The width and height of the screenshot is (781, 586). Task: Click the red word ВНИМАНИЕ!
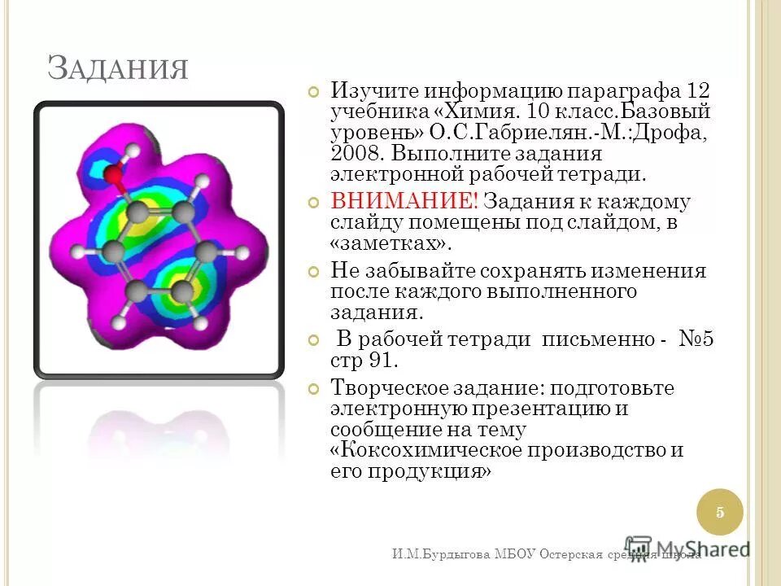(x=404, y=202)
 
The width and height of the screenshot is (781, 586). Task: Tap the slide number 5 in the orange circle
(x=720, y=512)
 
